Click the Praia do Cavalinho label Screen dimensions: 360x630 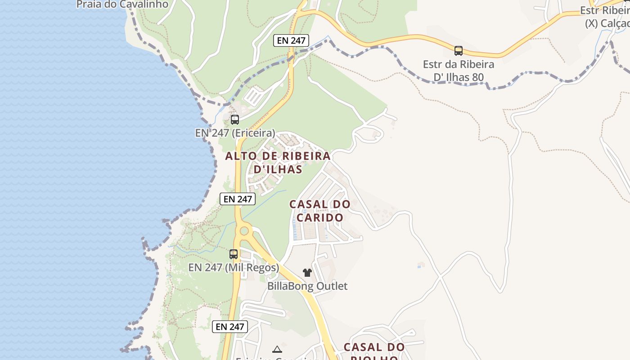[x=122, y=4]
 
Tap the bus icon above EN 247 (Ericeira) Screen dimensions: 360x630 [x=235, y=120]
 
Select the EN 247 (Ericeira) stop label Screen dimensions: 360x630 [x=235, y=133]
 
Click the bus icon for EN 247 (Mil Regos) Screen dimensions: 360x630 [x=234, y=254]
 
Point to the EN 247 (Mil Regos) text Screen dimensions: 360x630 [x=234, y=267]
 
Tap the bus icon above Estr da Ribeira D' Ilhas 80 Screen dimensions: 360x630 [x=459, y=51]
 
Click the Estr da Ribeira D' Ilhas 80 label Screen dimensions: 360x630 [x=459, y=71]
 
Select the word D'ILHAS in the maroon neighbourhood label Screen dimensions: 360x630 [x=278, y=170]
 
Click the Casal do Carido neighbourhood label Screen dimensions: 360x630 [x=319, y=211]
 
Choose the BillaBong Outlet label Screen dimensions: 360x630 [x=307, y=286]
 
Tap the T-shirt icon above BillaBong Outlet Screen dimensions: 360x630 [x=307, y=273]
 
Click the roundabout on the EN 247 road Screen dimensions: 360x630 [x=244, y=231]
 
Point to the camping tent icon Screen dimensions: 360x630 [x=277, y=349]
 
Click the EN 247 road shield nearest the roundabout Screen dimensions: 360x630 [x=238, y=199]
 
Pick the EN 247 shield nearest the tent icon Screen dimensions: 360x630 [x=230, y=327]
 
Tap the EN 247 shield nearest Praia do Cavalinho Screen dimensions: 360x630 [x=291, y=40]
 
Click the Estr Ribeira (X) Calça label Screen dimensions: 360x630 [x=605, y=17]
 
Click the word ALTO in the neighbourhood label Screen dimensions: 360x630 [x=241, y=156]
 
